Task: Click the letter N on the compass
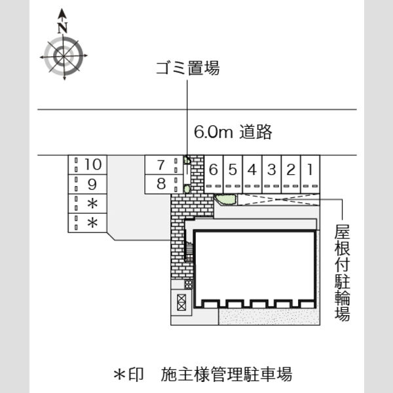[x=62, y=28]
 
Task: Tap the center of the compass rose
[x=64, y=56]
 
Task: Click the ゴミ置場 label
[x=188, y=68]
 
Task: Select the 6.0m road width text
[x=214, y=132]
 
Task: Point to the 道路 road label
[x=255, y=132]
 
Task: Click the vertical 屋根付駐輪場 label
[x=342, y=272]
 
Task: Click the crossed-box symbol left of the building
[x=181, y=302]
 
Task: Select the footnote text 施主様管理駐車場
[x=227, y=374]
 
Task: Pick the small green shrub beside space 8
[x=187, y=189]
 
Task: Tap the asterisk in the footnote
[x=120, y=375]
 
